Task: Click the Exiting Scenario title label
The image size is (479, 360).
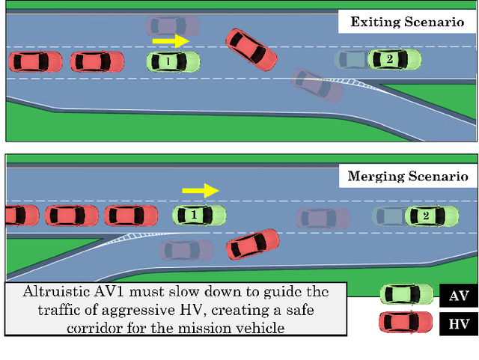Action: [407, 22]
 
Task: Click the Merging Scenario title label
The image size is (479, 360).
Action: [407, 177]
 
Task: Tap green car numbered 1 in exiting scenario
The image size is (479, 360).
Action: [173, 61]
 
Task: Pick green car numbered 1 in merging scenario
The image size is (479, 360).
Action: [199, 216]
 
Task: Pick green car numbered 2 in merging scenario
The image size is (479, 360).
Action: [426, 216]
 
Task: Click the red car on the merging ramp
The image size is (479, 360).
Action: [253, 244]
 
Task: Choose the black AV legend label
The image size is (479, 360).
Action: [459, 296]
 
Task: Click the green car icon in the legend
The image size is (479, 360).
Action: [405, 295]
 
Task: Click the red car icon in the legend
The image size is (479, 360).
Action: [405, 323]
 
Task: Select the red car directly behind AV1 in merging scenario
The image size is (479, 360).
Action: [131, 216]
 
